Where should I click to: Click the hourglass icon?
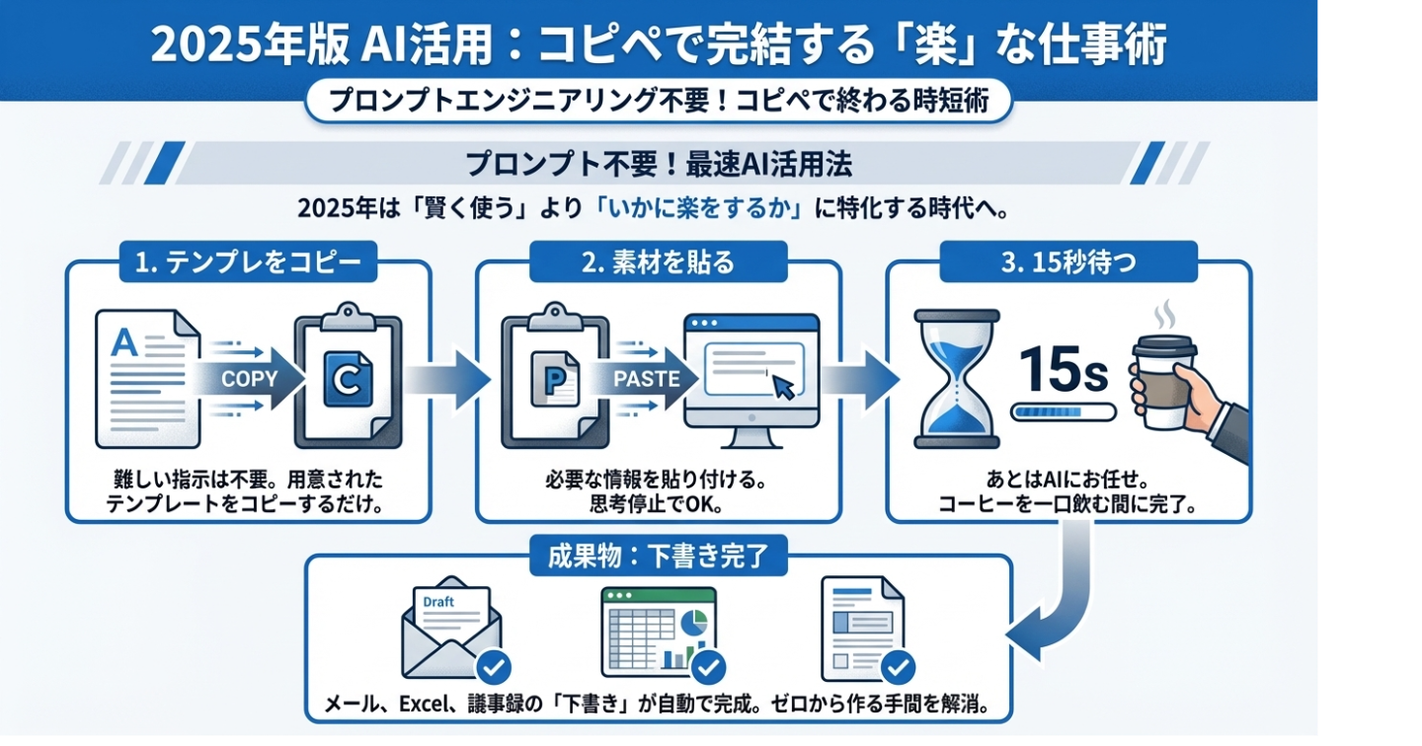tap(956, 379)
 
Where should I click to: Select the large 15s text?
tap(1062, 369)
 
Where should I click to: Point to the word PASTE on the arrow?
tap(646, 379)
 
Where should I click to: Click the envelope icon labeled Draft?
tap(450, 626)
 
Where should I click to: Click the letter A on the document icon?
tap(124, 343)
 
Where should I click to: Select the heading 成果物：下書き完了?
tap(658, 557)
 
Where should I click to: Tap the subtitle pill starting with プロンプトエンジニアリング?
tap(658, 102)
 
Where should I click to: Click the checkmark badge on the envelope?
tap(493, 669)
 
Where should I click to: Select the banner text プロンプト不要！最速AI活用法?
tap(658, 163)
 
